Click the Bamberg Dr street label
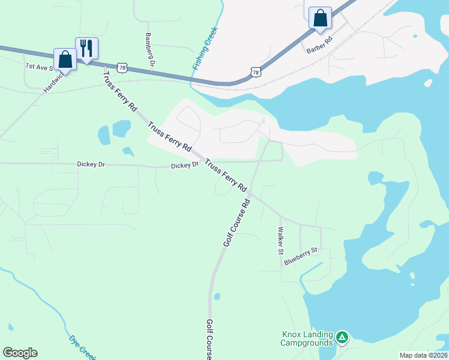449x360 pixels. tap(150, 49)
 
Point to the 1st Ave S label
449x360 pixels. tap(40, 66)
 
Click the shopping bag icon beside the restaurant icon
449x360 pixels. tap(65, 59)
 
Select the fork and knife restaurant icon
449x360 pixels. tap(86, 47)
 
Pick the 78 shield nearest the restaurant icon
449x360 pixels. tap(122, 68)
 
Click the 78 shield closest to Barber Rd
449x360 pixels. tap(256, 73)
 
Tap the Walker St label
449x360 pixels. tap(280, 241)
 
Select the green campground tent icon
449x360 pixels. tap(342, 338)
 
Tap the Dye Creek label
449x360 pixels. tap(82, 346)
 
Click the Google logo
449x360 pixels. tap(20, 353)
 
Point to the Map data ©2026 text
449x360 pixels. tap(423, 355)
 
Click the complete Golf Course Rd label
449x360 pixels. tap(236, 223)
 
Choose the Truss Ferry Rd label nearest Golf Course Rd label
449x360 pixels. tap(226, 176)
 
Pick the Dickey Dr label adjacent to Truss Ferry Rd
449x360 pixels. tap(184, 165)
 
